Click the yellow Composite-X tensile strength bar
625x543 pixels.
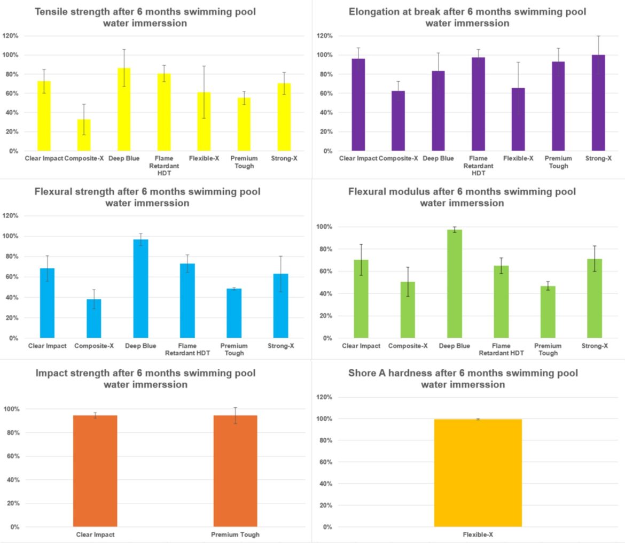point(83,135)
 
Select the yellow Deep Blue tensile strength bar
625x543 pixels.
point(123,110)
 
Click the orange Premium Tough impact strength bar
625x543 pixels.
point(235,471)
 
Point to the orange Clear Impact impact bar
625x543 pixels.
point(95,471)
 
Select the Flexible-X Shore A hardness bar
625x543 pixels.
point(478,473)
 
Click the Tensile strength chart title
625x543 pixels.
point(148,17)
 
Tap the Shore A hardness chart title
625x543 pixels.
point(463,378)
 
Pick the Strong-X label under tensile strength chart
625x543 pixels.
point(284,158)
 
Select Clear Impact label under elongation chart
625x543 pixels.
point(358,158)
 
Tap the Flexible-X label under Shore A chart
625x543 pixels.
point(478,534)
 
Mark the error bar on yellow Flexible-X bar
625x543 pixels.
point(204,80)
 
